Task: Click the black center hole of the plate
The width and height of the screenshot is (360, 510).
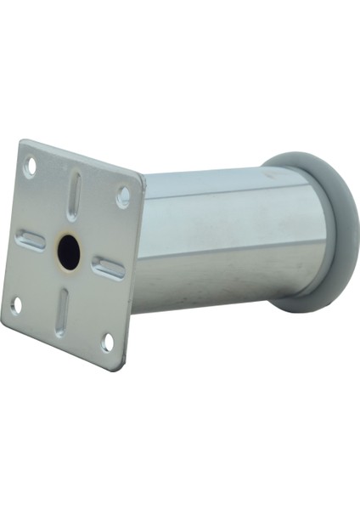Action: point(68,252)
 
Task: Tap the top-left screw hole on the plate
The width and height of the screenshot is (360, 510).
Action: point(30,166)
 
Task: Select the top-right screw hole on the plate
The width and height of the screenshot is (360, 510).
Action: point(123,197)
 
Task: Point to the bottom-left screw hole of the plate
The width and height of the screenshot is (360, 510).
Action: point(15,303)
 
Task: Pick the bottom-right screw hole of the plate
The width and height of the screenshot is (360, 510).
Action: point(107,342)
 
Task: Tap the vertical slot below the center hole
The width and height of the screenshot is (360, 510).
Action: point(62,312)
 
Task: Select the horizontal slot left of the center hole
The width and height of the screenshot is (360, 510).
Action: point(31,240)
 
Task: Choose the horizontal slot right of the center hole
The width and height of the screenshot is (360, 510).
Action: point(109,268)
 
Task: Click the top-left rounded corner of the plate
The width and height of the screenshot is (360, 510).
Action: point(25,144)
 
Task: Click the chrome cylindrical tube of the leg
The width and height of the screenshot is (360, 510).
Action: point(221,229)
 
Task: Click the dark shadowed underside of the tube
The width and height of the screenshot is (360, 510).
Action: point(212,293)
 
